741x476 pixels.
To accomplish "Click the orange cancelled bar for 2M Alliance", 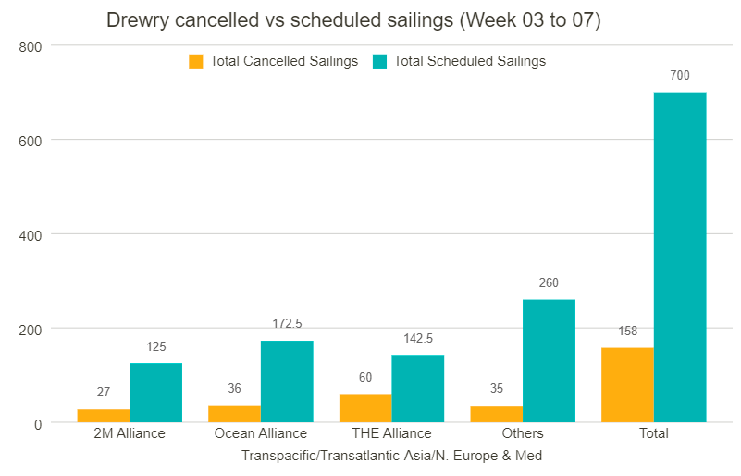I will [103, 416].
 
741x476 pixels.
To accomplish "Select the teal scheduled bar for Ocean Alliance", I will [287, 382].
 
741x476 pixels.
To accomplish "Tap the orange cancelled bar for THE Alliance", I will [365, 408].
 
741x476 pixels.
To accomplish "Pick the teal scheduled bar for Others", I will [549, 361].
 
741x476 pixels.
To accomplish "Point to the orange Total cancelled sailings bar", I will [627, 385].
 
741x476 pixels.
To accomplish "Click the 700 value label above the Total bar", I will [680, 76].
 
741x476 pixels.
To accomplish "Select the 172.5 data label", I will [287, 323].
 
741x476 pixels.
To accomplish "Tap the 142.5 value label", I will [418, 338].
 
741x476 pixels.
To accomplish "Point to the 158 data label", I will [627, 331].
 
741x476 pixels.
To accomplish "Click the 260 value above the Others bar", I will [549, 282].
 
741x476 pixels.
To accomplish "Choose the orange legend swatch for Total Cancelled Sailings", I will [196, 62].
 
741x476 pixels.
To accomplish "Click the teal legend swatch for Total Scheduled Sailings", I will [379, 62].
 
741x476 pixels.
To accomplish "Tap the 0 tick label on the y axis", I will [38, 423].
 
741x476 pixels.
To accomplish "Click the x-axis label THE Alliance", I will [391, 433].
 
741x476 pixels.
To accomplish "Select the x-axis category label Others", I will [523, 433].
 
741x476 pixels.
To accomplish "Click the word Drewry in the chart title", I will [136, 20].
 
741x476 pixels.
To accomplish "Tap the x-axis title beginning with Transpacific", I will [391, 456].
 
